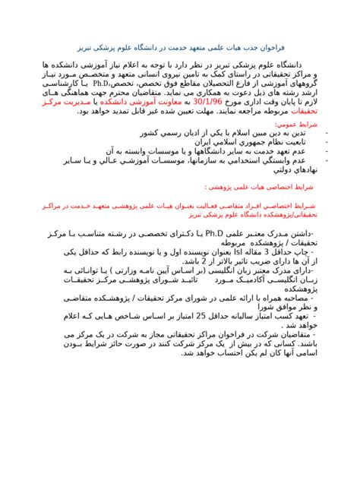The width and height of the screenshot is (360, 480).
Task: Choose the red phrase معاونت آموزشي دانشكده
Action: [x=140, y=99]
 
